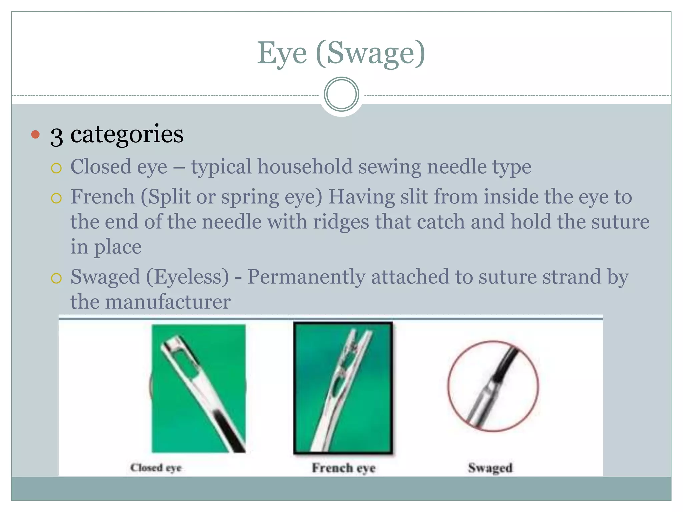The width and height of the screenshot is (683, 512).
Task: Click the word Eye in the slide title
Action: [282, 53]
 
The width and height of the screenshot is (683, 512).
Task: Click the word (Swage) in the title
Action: [370, 53]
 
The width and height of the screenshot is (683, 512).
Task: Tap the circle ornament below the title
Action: [341, 94]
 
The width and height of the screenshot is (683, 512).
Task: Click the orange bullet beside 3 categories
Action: [35, 135]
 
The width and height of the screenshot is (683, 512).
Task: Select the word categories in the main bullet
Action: [127, 134]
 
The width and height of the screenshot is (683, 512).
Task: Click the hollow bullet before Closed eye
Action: [56, 168]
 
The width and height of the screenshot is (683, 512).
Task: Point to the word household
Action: [305, 167]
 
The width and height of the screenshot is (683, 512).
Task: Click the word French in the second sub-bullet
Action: [103, 197]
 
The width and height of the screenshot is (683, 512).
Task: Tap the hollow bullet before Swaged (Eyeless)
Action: [56, 278]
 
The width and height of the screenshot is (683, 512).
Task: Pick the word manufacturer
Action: [168, 302]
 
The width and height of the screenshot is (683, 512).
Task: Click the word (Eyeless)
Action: [188, 277]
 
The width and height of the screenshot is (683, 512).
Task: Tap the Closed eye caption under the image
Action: [156, 468]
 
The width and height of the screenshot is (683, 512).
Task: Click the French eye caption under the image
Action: [344, 468]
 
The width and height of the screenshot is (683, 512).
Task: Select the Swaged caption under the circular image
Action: [490, 468]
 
